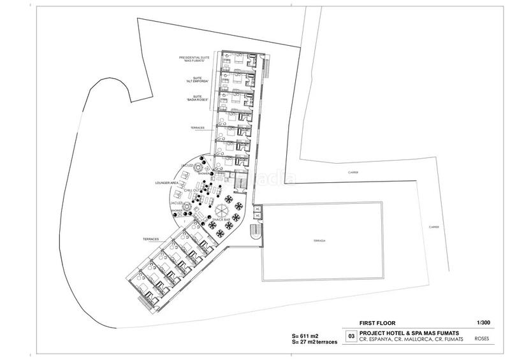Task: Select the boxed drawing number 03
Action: [x=349, y=335]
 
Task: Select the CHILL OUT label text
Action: [x=192, y=191]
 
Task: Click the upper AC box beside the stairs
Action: [x=258, y=208]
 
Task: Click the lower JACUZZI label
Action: [x=178, y=203]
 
